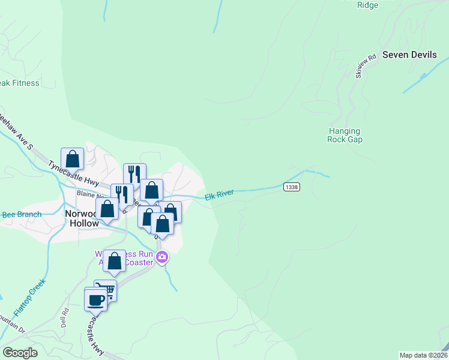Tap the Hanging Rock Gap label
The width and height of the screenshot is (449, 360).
click(345, 135)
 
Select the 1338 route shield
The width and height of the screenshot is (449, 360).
click(291, 187)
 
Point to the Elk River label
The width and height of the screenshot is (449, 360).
click(218, 196)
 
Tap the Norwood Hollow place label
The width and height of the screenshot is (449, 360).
click(81, 218)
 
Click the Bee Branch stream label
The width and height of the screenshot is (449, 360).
click(22, 214)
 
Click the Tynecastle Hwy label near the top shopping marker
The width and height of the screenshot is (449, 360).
click(73, 173)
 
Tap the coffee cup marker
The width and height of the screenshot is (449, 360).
click(95, 299)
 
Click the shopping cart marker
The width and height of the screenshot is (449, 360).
click(106, 290)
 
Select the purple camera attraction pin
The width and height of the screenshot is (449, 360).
click(161, 258)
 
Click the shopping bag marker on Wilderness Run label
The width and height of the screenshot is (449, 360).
click(115, 261)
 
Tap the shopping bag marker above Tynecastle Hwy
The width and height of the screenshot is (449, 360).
click(72, 159)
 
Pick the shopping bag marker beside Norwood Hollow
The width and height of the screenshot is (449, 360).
click(107, 209)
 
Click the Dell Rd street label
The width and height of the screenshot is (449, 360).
click(65, 311)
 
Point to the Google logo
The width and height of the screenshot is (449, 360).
click(20, 353)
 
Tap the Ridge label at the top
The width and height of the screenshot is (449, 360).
click(368, 5)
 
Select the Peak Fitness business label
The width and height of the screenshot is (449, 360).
click(19, 83)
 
